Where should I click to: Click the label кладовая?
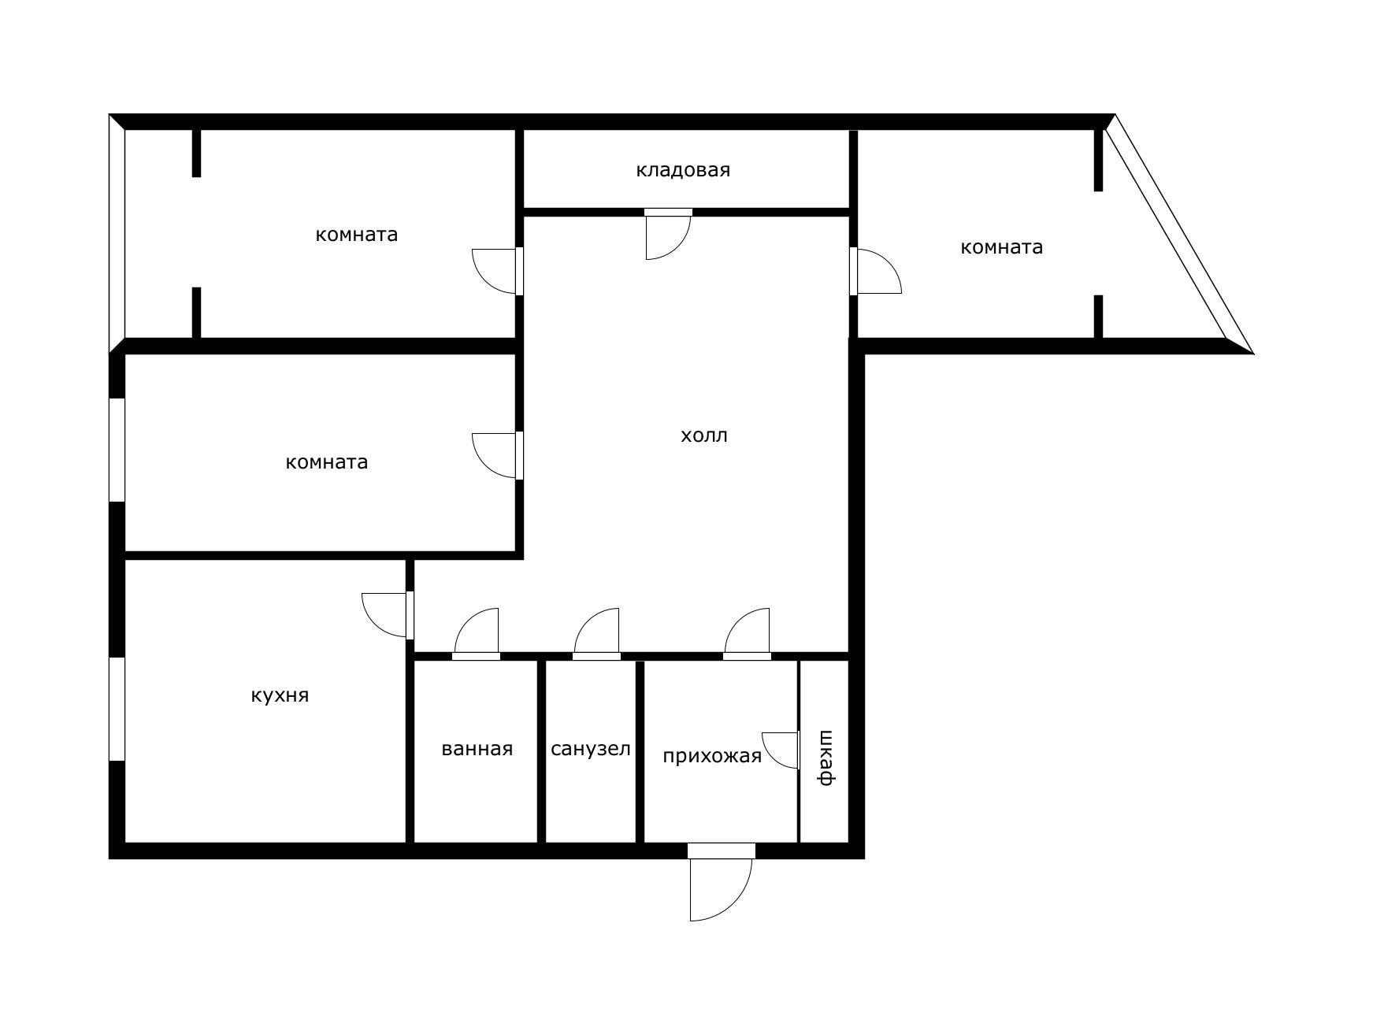click(x=683, y=170)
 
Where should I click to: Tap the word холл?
click(x=704, y=435)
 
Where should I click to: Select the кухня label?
click(x=280, y=696)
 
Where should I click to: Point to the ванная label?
click(x=477, y=749)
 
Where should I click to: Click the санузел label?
click(x=591, y=749)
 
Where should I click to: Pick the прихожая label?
click(x=712, y=757)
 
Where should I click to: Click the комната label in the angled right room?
click(x=1002, y=247)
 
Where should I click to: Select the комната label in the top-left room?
click(x=357, y=235)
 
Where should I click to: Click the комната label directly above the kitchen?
click(x=327, y=462)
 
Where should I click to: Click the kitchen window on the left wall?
click(x=117, y=709)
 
